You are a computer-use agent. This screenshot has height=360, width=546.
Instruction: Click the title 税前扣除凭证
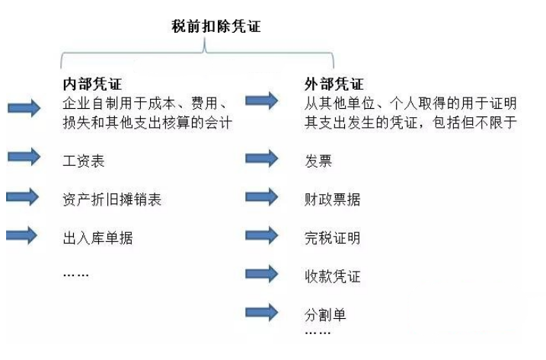click(x=216, y=27)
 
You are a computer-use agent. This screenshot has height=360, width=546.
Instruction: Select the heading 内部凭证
click(x=92, y=84)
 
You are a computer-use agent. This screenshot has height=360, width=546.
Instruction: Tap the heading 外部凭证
click(x=334, y=84)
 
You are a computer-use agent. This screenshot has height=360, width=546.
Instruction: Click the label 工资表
click(x=84, y=161)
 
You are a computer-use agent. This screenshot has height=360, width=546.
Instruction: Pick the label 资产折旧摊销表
click(x=112, y=199)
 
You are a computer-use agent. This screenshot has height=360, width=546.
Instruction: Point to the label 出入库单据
click(x=97, y=238)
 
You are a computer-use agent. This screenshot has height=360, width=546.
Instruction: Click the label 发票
click(x=318, y=161)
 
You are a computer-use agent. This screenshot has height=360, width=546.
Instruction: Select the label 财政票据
click(x=333, y=199)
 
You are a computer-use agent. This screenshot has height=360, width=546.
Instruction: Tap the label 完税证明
click(x=333, y=238)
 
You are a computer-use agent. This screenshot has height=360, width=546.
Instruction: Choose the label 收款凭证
click(x=333, y=277)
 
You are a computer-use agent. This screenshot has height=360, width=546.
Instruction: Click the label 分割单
click(x=325, y=315)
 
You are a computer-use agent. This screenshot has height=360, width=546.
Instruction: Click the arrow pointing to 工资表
click(x=24, y=157)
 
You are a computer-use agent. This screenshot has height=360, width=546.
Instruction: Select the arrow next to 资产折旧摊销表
click(x=23, y=197)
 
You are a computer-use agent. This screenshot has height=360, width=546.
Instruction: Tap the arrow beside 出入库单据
click(x=22, y=236)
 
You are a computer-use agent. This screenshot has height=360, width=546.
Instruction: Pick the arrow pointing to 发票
click(x=262, y=158)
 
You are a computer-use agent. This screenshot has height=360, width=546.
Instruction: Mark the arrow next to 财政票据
click(x=262, y=197)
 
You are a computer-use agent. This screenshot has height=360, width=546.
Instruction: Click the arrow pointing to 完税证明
click(x=262, y=236)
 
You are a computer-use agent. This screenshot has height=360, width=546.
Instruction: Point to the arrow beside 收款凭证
click(x=262, y=274)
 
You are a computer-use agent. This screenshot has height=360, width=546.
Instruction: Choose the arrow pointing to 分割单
click(x=262, y=312)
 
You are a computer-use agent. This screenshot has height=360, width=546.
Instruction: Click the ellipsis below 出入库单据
click(x=76, y=275)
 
